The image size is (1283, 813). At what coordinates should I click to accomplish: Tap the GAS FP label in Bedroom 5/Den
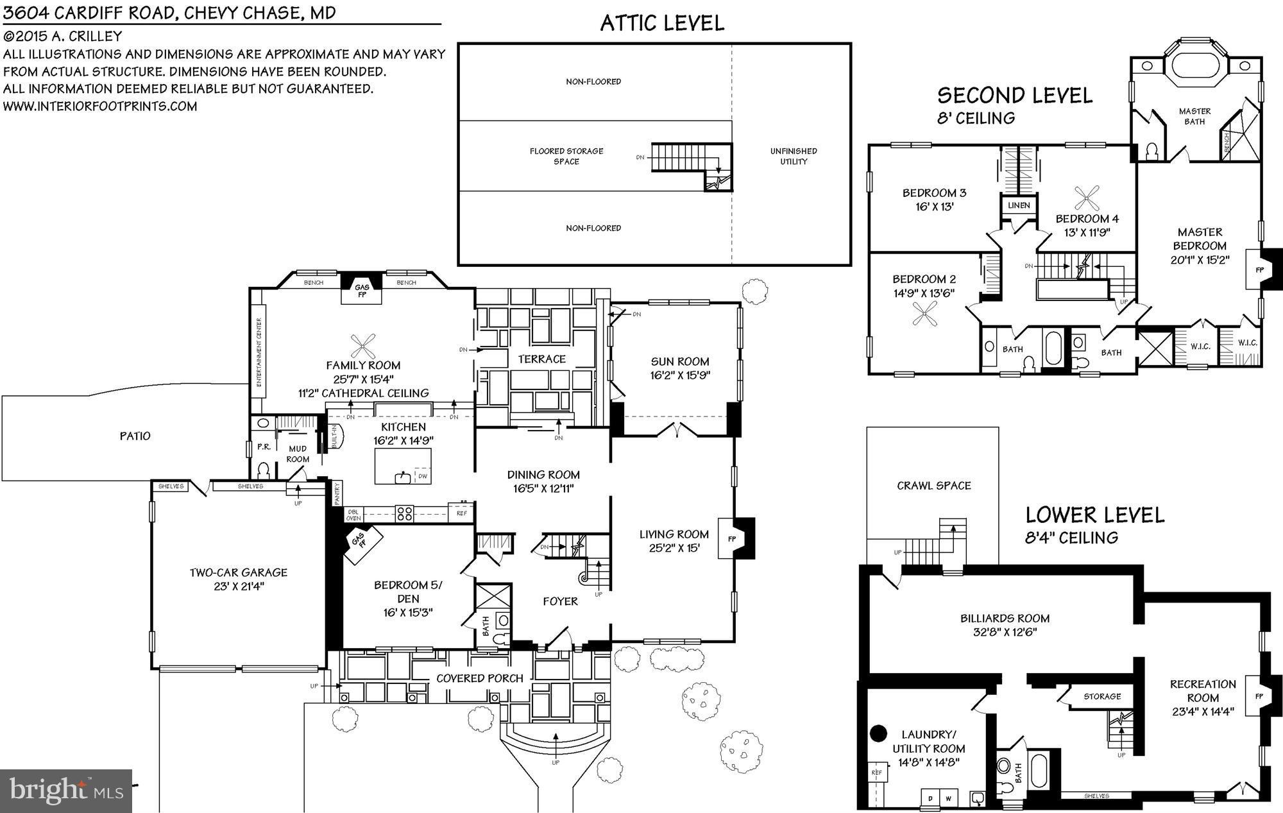359,540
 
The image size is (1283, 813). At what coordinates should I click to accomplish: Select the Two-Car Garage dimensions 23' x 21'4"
238,586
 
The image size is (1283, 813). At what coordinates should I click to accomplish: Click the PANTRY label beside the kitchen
337,494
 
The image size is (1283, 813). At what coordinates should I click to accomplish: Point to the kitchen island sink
404,476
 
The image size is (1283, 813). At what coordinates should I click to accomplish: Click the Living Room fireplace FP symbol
732,539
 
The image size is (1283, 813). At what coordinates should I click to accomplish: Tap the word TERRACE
541,359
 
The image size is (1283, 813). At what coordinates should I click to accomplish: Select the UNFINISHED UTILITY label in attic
794,156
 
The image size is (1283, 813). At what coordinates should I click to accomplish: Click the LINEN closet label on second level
1019,205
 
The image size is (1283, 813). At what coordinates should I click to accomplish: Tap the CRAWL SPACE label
933,486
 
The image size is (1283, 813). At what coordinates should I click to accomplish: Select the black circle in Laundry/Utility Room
878,733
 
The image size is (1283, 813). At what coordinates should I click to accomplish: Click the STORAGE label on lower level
1102,696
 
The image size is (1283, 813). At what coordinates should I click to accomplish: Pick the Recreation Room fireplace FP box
1258,696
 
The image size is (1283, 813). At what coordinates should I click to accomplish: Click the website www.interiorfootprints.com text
100,107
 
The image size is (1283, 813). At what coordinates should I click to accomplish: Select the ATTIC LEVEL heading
662,23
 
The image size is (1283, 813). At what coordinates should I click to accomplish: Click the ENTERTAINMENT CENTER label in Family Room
259,352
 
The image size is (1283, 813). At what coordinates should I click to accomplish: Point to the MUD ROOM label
298,454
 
